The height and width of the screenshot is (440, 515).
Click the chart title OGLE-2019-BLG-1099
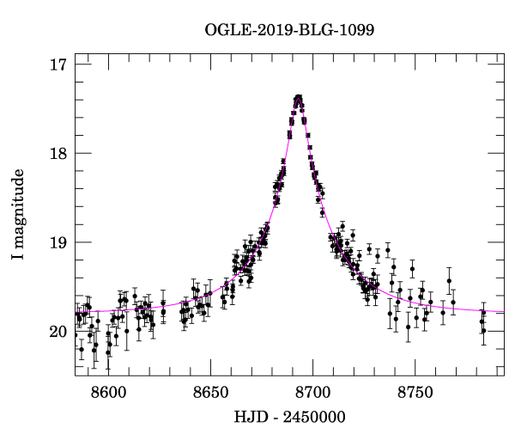coord(289,30)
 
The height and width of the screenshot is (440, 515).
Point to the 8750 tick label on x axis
coord(414,390)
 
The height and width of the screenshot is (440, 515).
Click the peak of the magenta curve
coord(298,97)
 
